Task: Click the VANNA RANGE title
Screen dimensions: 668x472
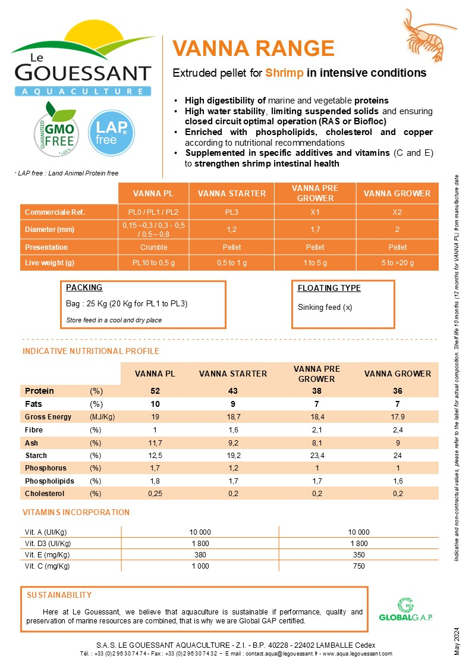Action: click(x=253, y=49)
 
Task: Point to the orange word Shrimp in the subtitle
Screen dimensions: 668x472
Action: click(x=285, y=73)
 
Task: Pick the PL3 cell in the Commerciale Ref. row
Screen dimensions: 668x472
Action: click(x=231, y=212)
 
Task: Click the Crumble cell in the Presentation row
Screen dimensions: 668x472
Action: click(x=153, y=247)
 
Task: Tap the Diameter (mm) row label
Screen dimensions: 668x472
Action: click(x=49, y=229)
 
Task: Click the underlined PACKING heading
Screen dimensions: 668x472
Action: click(x=84, y=288)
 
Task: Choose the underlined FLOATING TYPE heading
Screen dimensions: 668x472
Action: click(x=329, y=288)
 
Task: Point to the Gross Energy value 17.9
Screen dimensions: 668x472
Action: click(x=398, y=417)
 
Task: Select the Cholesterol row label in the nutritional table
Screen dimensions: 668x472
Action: click(x=45, y=494)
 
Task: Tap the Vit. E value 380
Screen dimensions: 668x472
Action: click(x=200, y=554)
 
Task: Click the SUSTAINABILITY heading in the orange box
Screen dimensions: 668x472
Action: click(x=59, y=595)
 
